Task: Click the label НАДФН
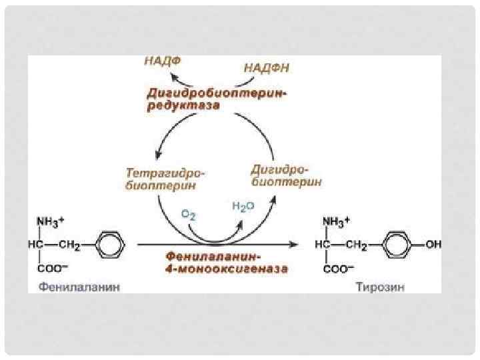coord(267,68)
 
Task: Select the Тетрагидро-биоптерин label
coord(165,179)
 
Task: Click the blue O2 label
coord(189,214)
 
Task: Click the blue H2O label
coord(243,207)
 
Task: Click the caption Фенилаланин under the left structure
coord(71,288)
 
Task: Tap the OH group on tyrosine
coord(433,245)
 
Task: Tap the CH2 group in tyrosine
coord(357,246)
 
